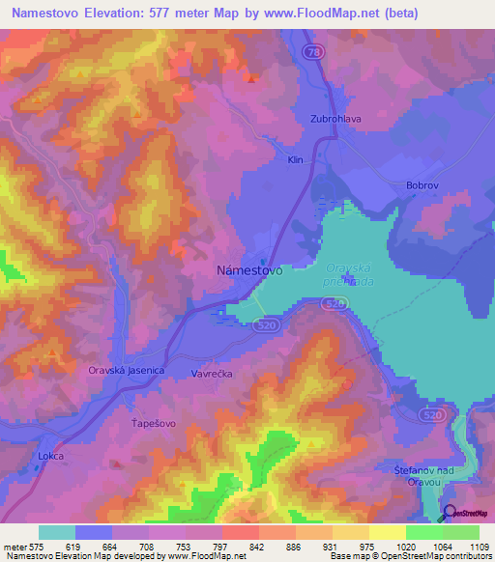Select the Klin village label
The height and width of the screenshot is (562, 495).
tap(297, 160)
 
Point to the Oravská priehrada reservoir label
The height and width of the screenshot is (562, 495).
tap(348, 275)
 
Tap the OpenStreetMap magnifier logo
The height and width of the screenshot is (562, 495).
tap(451, 513)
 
